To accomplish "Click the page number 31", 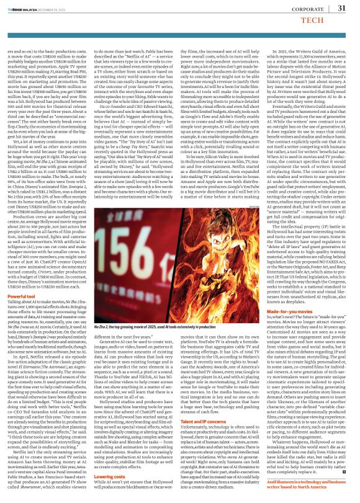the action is pos(341,7).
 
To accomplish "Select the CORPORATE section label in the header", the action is pos(307,8).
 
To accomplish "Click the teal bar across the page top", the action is pos(180,1).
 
